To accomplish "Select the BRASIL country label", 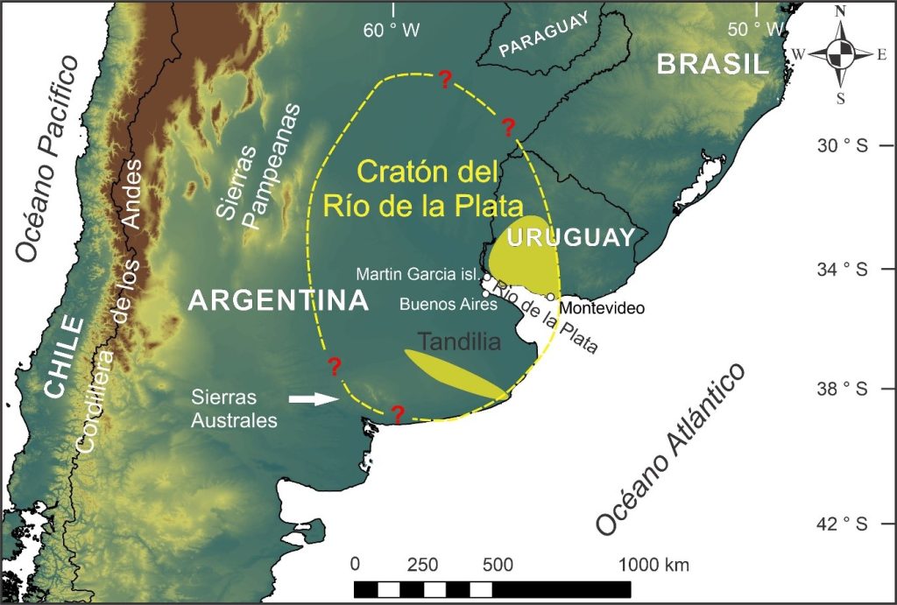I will [x=713, y=64].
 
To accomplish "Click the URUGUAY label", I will [x=570, y=237].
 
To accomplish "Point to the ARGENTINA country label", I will [x=279, y=301].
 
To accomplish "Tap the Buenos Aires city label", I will [x=448, y=305].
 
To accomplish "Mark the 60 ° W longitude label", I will [x=392, y=31].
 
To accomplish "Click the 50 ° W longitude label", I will [x=755, y=30].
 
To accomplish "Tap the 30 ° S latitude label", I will [x=841, y=145].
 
